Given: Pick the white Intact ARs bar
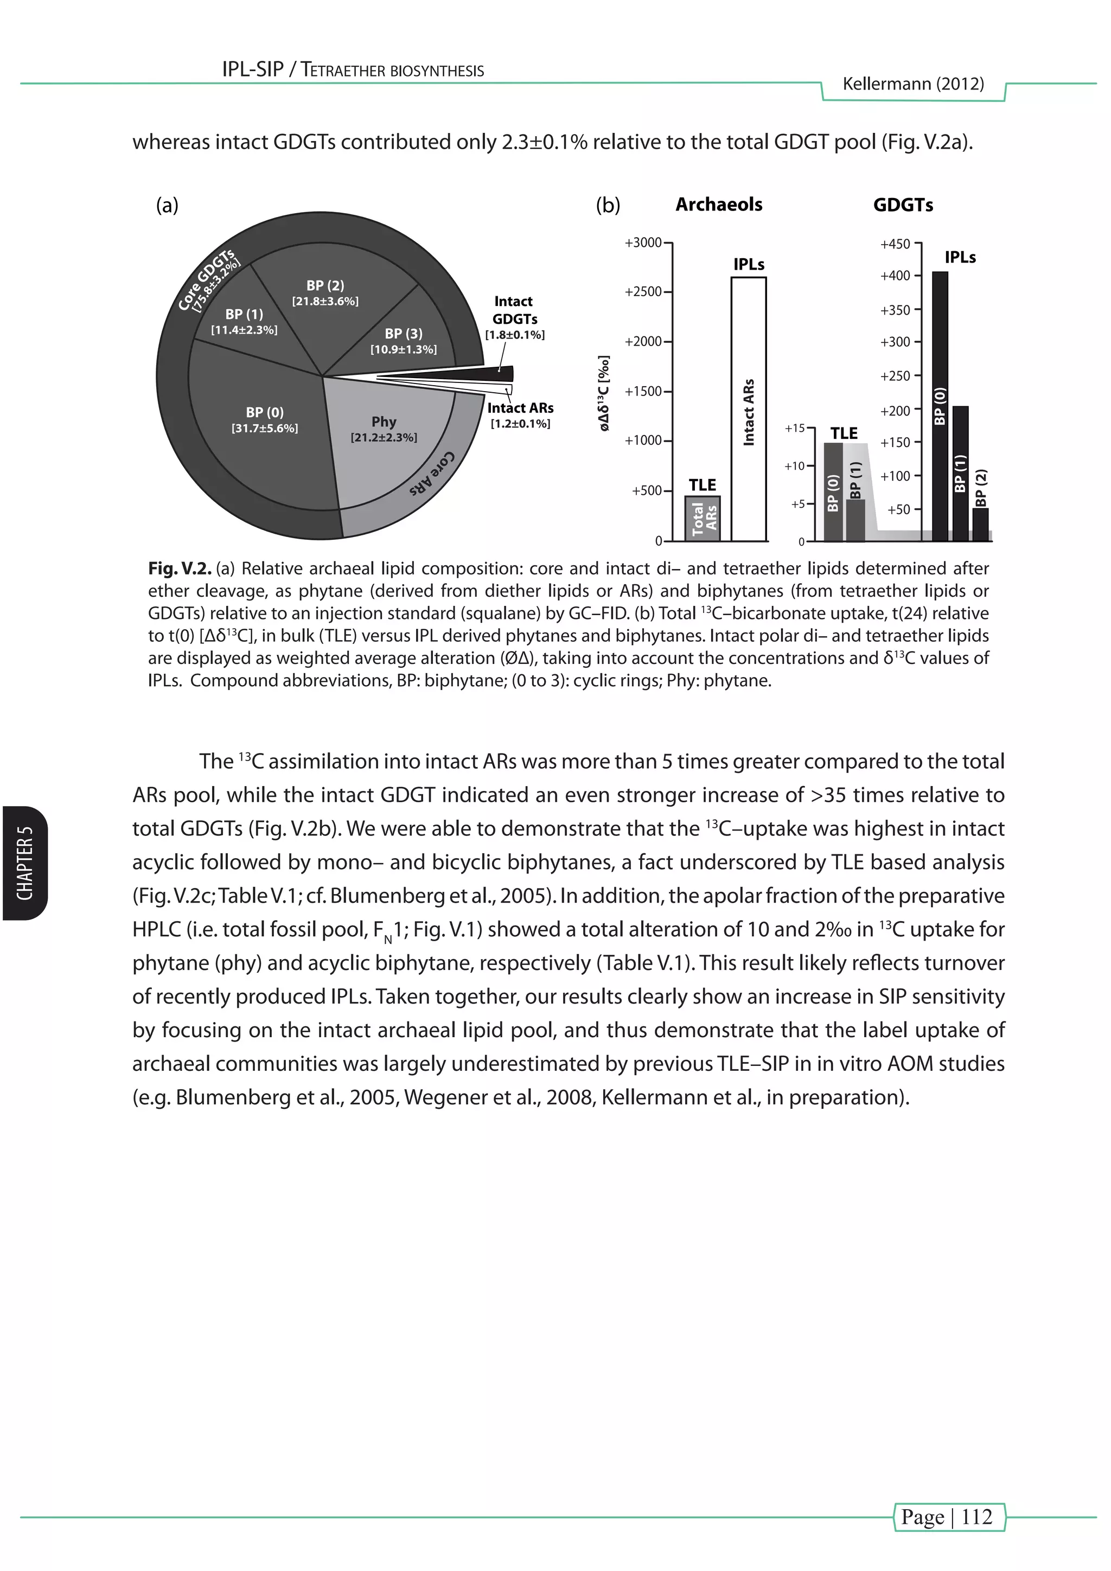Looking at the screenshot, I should (x=749, y=411).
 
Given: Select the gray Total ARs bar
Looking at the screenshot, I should (x=703, y=518).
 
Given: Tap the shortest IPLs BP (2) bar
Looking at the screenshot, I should (x=980, y=524).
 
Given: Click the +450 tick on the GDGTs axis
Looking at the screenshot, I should (x=896, y=244).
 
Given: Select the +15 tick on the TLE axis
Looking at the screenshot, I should (x=794, y=429).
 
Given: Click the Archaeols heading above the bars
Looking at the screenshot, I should (x=718, y=205).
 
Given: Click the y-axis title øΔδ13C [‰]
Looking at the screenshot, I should (x=603, y=393).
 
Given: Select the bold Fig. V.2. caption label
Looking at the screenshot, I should (x=179, y=569).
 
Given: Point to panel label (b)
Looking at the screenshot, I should (x=608, y=205).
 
